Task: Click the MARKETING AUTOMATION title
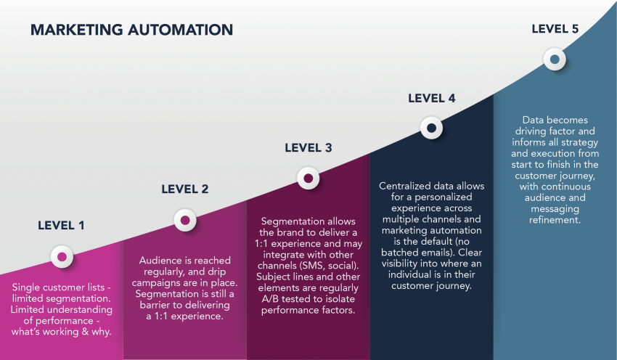click(x=131, y=30)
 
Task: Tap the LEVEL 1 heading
click(x=61, y=225)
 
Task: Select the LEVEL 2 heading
click(x=184, y=189)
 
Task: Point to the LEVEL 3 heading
click(x=308, y=148)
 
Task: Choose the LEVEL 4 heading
click(x=431, y=99)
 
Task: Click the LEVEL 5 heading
click(x=555, y=29)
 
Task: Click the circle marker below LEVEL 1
click(x=62, y=256)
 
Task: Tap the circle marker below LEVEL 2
click(x=184, y=219)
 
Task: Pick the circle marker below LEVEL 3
click(x=308, y=178)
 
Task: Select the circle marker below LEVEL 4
click(x=431, y=128)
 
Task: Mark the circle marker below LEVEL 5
click(x=555, y=60)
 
